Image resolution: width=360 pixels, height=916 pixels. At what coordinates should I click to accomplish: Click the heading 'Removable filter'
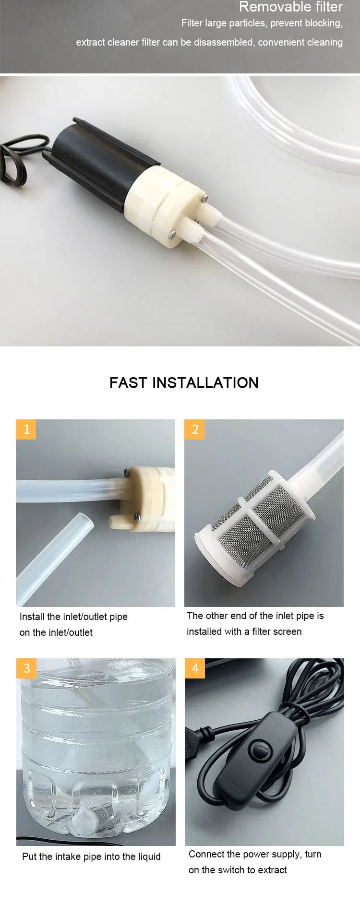[x=290, y=7]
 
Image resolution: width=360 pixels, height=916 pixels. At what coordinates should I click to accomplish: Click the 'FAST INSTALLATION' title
[x=184, y=382]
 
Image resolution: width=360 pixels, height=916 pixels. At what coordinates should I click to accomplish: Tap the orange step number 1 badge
[x=26, y=429]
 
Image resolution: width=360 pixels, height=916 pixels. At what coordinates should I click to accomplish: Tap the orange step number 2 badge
[x=195, y=429]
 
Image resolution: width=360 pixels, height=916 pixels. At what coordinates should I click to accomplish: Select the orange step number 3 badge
[x=26, y=668]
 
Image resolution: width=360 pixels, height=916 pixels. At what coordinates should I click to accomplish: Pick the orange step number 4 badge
[x=195, y=668]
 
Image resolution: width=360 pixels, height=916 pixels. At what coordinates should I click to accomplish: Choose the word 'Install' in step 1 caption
[x=32, y=617]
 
